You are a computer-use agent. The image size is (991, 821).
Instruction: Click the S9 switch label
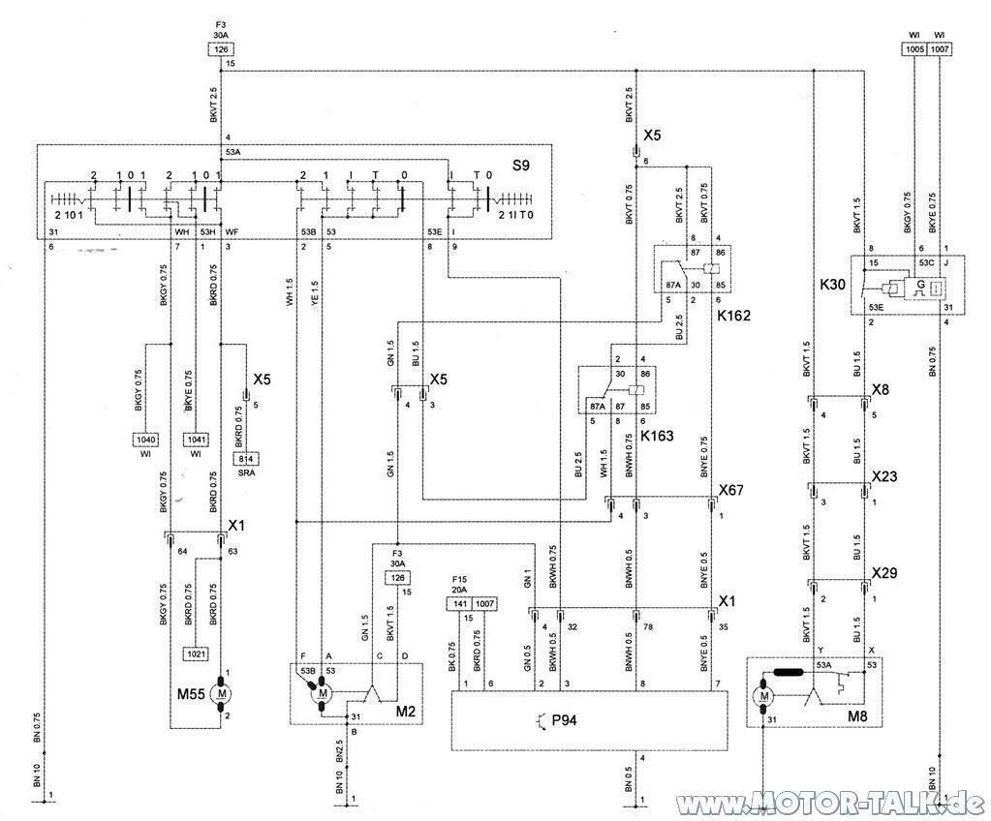pos(522,167)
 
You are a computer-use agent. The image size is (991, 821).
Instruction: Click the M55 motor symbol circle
pos(222,693)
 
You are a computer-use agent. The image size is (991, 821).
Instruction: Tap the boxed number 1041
pos(197,439)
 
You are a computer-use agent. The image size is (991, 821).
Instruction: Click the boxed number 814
pos(245,459)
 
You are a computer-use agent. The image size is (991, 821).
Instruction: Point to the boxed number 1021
pos(197,653)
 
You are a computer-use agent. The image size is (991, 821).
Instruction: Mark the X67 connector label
pos(730,491)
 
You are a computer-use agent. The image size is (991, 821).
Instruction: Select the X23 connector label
pos(884,476)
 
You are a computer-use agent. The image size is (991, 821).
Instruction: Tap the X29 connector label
pos(884,573)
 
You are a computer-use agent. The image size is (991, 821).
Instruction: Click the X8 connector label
pos(881,390)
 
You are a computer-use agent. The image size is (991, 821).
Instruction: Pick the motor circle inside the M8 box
pos(765,694)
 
